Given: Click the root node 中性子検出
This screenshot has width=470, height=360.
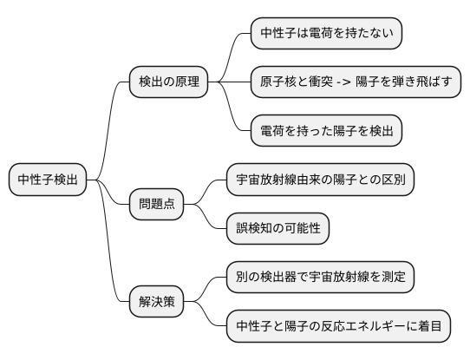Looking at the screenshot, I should click(48, 180).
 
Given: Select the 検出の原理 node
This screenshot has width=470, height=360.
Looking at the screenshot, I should click(169, 83).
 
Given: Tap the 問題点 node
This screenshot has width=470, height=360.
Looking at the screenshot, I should click(157, 205).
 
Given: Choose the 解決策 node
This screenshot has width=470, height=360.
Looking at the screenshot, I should click(157, 302).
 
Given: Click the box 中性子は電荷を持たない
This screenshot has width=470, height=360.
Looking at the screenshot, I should click(326, 35).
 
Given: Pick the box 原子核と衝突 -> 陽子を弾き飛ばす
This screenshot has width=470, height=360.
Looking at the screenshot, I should click(356, 83).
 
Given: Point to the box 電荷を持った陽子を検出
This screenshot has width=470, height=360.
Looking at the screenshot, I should click(326, 132).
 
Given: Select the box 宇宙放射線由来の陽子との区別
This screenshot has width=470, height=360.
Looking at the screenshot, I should click(320, 180).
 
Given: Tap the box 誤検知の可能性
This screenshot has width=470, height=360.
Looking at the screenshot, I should click(277, 229).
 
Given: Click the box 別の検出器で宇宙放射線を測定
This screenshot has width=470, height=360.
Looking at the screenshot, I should click(320, 278).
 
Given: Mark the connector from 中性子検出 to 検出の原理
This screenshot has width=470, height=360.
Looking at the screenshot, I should click(111, 121).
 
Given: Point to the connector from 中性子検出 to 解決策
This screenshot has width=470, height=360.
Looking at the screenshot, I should click(111, 252).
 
